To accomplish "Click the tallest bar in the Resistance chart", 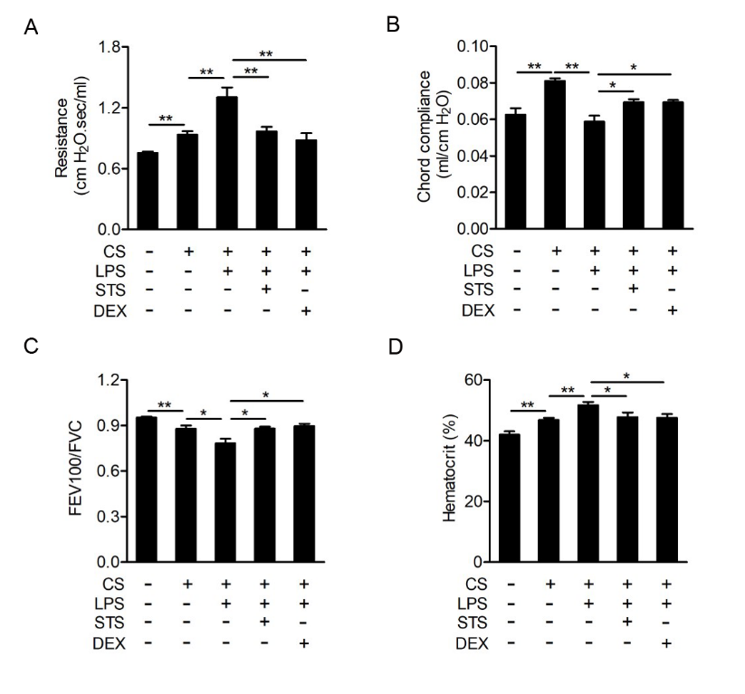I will [226, 163].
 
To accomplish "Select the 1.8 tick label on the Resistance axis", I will [110, 46].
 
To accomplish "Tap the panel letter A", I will [32, 28].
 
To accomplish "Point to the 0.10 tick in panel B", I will [479, 46].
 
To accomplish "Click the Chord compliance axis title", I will [430, 138].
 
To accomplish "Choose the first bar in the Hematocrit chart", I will [513, 499].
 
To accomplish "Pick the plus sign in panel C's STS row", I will [266, 622].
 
